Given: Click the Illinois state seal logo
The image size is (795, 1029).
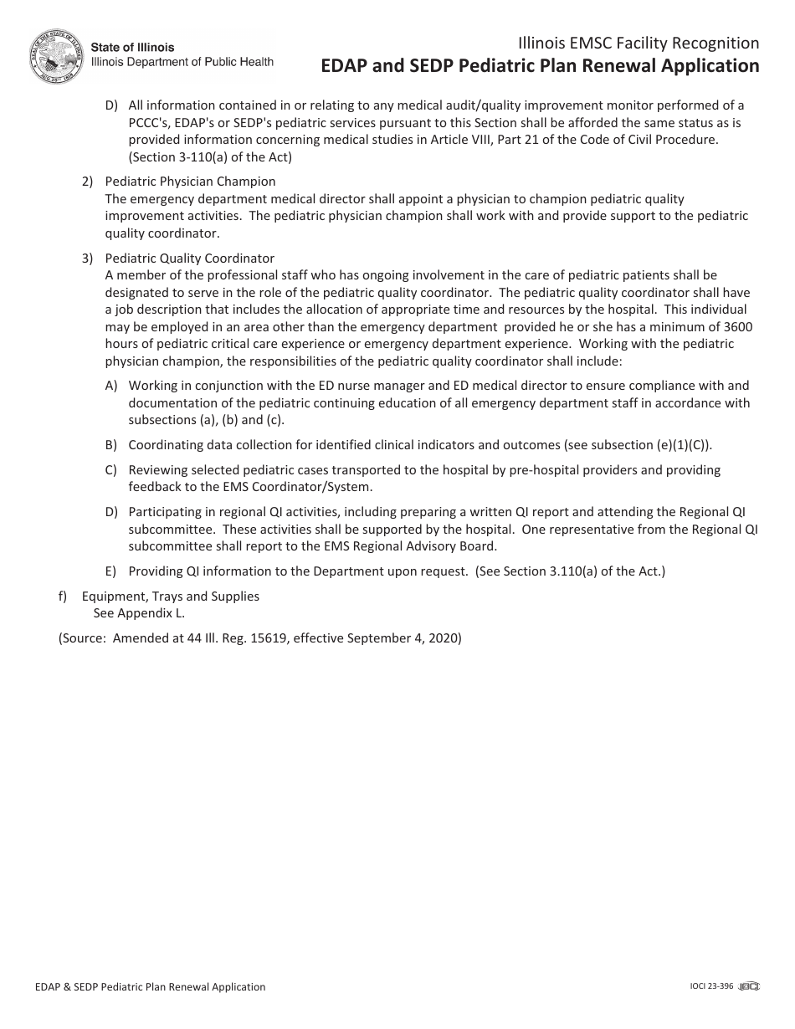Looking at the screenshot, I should tap(57, 56).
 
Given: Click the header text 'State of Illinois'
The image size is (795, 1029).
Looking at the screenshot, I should tap(132, 48).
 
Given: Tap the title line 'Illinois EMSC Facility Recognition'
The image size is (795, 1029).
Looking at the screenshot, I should tap(639, 44).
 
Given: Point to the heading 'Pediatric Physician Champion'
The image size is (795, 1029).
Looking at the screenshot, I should tap(190, 182).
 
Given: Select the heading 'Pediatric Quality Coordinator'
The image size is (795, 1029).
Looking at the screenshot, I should tap(190, 259).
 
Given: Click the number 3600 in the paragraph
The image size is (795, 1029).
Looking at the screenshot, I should tap(737, 326).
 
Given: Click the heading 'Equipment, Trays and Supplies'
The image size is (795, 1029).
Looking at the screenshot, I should tap(171, 596).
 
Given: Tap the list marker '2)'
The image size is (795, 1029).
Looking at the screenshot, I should tap(87, 182).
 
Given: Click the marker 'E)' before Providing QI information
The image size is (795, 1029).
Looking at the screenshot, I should tap(110, 571).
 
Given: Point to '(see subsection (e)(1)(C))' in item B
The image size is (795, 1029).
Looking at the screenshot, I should tap(638, 445).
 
